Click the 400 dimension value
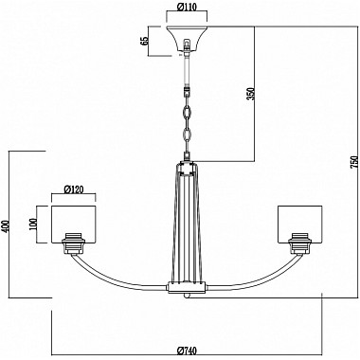pos(7,223)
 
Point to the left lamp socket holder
pos(75,243)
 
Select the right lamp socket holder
pos(302,243)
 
